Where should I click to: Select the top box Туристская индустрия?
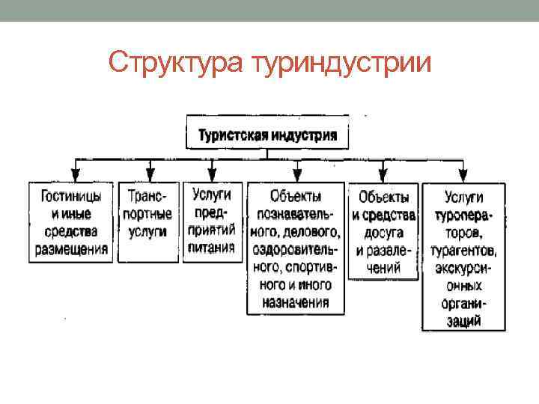(267, 135)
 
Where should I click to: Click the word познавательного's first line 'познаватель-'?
(296, 213)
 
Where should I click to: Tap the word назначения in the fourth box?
(296, 302)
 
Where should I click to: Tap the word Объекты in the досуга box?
(384, 198)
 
